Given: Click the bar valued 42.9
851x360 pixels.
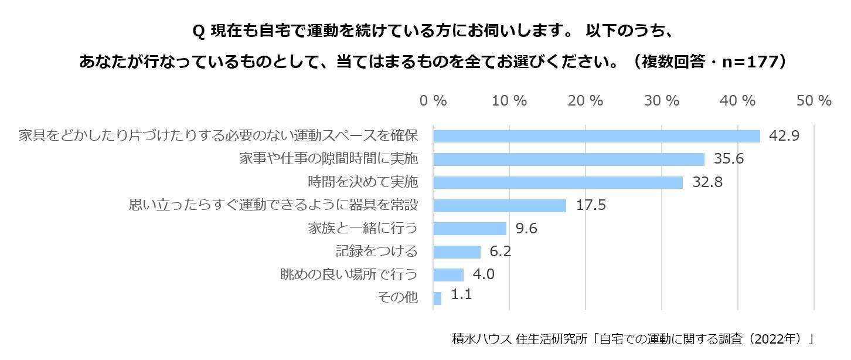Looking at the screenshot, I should tap(596, 136).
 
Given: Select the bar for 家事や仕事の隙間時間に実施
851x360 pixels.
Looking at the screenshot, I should tap(569, 159).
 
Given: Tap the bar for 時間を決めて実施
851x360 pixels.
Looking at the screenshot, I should tap(558, 182).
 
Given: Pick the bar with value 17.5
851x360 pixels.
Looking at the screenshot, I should tap(499, 206).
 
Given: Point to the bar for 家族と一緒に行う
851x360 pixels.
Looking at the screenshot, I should tap(469, 229).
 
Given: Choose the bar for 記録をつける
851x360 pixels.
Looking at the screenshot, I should tap(457, 252).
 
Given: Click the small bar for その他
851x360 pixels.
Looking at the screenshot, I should tap(437, 298).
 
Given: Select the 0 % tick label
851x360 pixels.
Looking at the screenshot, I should tap(433, 101).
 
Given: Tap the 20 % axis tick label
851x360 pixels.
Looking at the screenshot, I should tap(586, 101).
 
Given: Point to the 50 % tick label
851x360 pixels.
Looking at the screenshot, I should tap(813, 101).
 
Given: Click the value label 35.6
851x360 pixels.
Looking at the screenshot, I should tap(729, 159).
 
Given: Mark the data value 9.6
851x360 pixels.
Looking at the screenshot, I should tap(525, 228).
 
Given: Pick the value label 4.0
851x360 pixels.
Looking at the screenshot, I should tap(483, 274).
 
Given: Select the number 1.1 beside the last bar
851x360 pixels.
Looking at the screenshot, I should tap(461, 294).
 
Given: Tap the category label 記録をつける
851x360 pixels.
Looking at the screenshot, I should tap(376, 252).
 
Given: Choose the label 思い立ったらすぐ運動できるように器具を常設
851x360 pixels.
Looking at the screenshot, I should tap(273, 205).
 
